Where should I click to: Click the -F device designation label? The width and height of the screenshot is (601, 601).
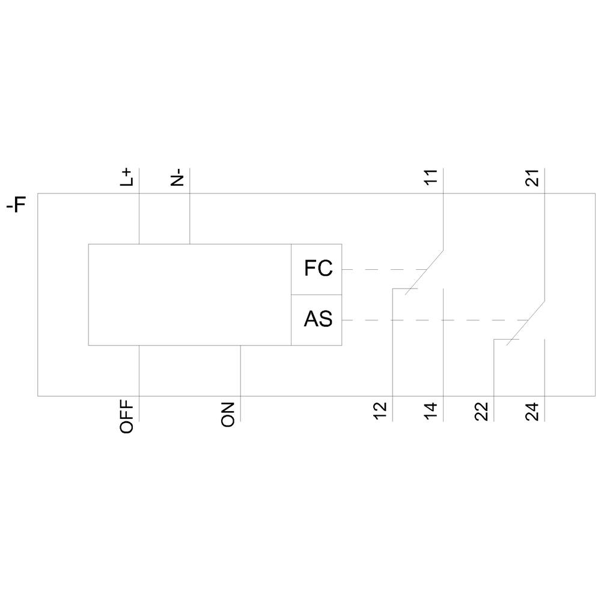(x=16, y=205)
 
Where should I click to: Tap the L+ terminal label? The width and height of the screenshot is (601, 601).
(x=126, y=177)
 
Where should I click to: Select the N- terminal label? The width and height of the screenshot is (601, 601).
(x=177, y=177)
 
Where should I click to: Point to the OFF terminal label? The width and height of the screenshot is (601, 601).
(x=126, y=416)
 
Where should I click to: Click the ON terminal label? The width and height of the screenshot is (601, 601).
(x=228, y=414)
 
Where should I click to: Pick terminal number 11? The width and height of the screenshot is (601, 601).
(x=431, y=177)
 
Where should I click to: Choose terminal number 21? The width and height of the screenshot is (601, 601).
(x=532, y=177)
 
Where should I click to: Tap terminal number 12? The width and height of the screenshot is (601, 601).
(x=380, y=411)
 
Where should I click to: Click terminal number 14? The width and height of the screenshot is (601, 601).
(x=431, y=411)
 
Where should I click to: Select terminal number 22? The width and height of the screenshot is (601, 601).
(x=481, y=412)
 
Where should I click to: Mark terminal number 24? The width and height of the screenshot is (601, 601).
(x=532, y=412)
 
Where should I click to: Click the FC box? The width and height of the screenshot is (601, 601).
(x=317, y=269)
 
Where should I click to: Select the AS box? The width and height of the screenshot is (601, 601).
(x=317, y=320)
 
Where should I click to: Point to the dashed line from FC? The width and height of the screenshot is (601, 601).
(x=385, y=269)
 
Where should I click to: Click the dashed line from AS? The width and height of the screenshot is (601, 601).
(x=435, y=320)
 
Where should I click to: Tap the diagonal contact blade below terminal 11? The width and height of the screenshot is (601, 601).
(x=424, y=272)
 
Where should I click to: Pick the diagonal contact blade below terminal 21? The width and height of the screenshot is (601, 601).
(x=525, y=323)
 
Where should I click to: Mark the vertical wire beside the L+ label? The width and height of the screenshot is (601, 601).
(x=139, y=206)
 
